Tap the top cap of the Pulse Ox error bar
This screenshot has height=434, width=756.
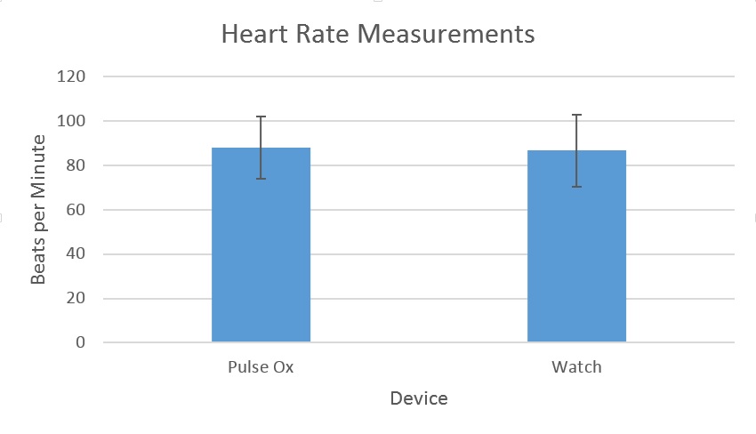[261, 117]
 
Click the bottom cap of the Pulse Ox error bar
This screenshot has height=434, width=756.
[261, 179]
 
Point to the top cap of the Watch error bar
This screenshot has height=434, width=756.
[576, 115]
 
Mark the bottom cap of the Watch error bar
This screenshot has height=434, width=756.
[576, 187]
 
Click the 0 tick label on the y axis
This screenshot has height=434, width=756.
[80, 342]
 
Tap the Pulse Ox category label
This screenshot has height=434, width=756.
[261, 366]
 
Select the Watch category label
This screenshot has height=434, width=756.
[576, 366]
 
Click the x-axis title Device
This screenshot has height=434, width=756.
[419, 398]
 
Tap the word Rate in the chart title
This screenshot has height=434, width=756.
[318, 35]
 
